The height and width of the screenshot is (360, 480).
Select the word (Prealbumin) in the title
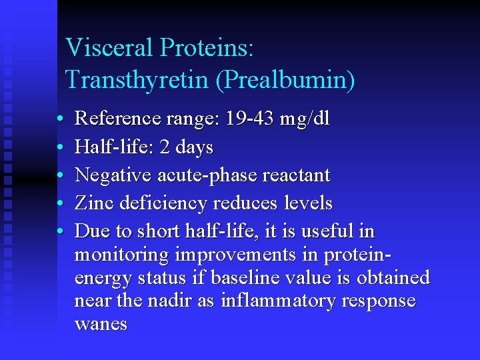285,80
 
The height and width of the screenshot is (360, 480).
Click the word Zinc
95,203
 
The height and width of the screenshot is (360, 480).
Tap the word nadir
171,301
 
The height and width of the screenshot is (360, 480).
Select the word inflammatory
279,301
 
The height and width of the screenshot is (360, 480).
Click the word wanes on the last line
101,325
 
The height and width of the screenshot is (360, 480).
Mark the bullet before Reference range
59,119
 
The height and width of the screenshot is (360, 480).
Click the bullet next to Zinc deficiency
59,203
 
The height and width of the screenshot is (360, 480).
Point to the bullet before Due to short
59,231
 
